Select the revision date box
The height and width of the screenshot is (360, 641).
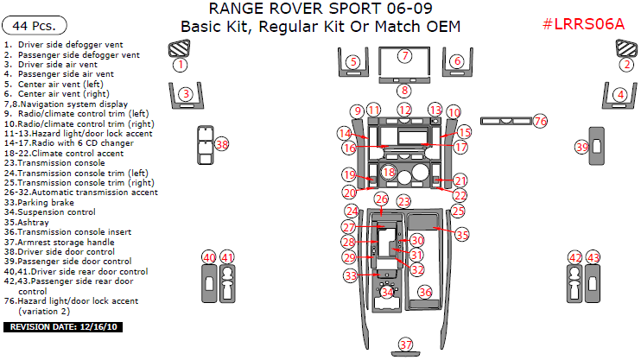[x=65, y=327]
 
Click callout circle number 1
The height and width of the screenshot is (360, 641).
[x=180, y=64]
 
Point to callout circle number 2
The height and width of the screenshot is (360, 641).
[x=626, y=64]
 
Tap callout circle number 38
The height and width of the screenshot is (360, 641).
[x=222, y=144]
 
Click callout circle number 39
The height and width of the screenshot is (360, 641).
[x=581, y=148]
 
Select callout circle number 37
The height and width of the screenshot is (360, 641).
[x=406, y=345]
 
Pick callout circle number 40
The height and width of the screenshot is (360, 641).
[x=208, y=257]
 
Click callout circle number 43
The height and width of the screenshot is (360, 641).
[x=593, y=257]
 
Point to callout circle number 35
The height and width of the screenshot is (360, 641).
[x=462, y=234]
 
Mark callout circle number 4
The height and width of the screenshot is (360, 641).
[x=619, y=94]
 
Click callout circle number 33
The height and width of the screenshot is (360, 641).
[x=350, y=275]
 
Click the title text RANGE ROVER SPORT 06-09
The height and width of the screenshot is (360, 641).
[x=320, y=9]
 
